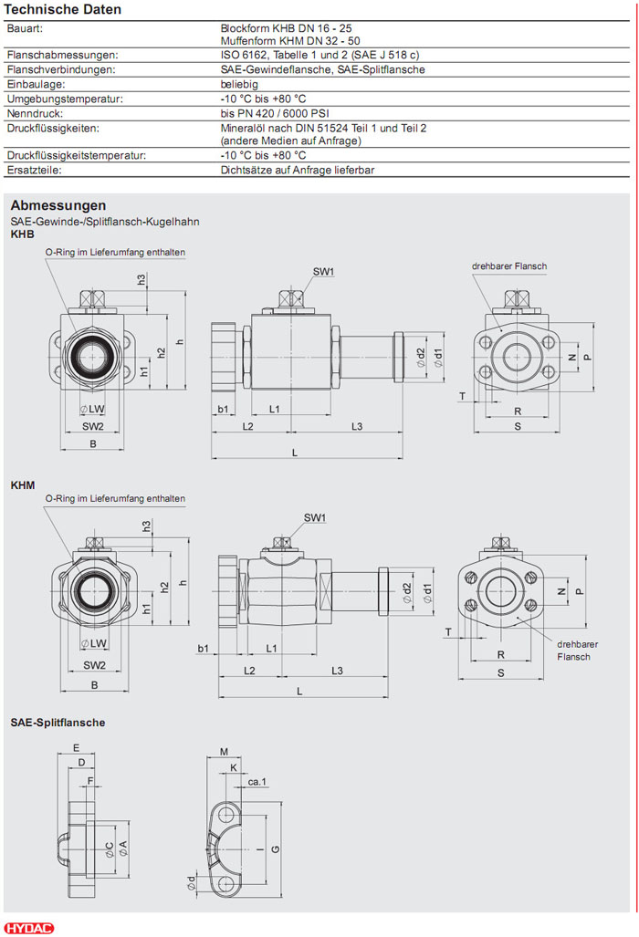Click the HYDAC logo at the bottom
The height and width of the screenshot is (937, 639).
(x=30, y=927)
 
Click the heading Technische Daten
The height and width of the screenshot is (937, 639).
(x=64, y=9)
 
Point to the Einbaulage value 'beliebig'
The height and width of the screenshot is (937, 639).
(x=239, y=84)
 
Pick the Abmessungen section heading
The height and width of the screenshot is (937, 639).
(x=58, y=205)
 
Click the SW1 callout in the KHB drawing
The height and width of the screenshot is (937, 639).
(x=324, y=272)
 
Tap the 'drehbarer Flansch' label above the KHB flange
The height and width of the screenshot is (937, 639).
(x=509, y=266)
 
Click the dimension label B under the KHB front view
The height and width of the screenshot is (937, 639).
(x=93, y=443)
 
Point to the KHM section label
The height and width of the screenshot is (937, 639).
(x=23, y=484)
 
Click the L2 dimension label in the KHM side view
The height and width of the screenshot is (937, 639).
(x=248, y=671)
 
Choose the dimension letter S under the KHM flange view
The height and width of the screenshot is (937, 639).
(x=501, y=673)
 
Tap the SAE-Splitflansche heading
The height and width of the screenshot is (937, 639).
(x=58, y=723)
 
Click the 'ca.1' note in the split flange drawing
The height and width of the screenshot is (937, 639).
(x=257, y=782)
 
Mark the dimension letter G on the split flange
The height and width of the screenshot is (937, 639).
(x=275, y=849)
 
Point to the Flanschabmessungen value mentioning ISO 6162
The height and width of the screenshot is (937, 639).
(x=319, y=55)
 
